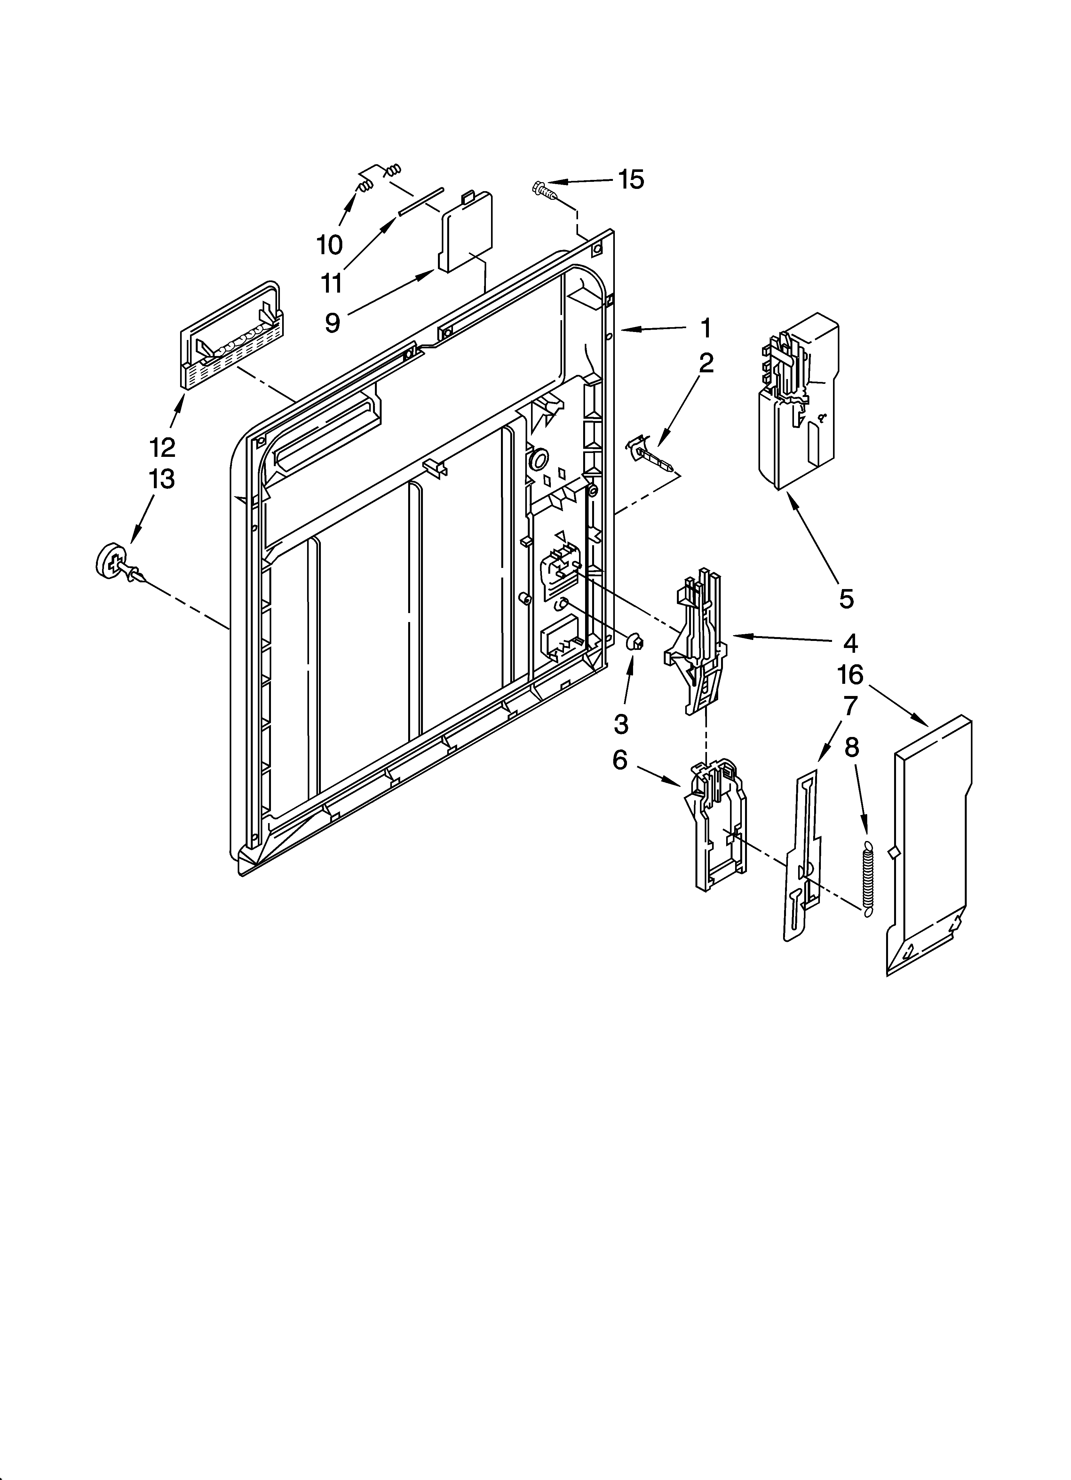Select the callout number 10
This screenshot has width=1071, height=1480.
(329, 245)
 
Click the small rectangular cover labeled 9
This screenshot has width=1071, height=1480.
(466, 232)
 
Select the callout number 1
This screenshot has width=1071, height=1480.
(705, 328)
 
